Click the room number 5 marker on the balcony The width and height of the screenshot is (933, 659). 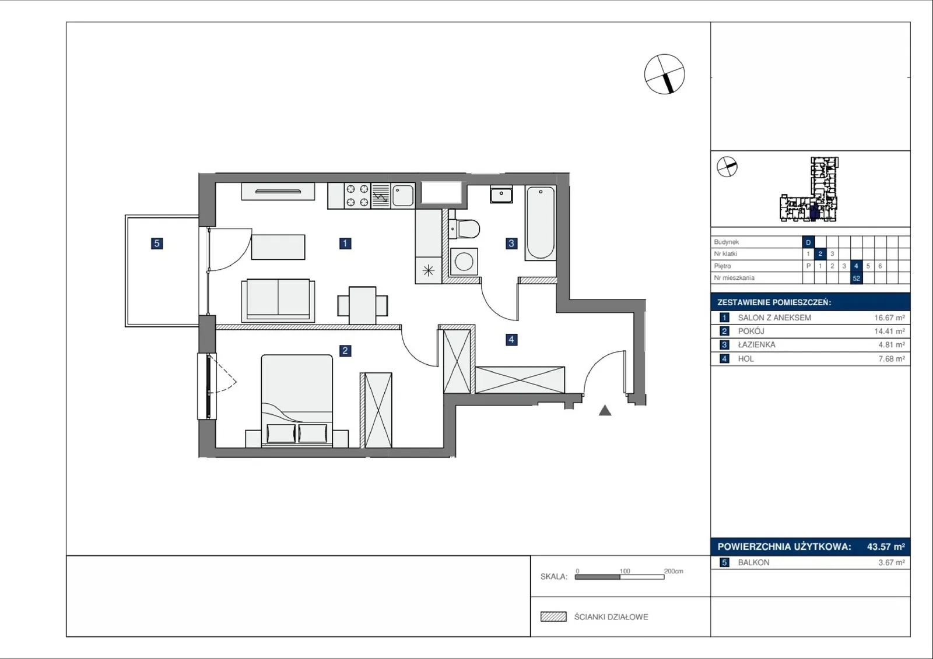tap(157, 243)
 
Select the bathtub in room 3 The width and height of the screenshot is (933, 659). tap(540, 223)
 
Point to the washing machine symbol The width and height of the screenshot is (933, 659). tap(464, 262)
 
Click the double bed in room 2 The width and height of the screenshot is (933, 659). tap(297, 401)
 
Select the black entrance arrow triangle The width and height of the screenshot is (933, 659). tap(605, 411)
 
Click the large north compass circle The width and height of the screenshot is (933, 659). tap(664, 74)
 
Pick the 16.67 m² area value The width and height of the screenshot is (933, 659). tap(889, 318)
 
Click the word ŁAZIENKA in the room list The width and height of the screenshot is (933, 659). tap(756, 345)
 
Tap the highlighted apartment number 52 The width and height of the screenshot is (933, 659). tap(856, 278)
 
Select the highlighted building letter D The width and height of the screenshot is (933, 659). tap(808, 242)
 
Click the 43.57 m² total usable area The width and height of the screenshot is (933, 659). tap(886, 547)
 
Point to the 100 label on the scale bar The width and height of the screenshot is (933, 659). tap(625, 571)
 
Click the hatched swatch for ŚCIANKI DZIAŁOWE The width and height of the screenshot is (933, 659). tap(553, 616)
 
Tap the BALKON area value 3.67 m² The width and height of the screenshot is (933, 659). tap(892, 562)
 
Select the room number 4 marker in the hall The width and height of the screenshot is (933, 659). tap(511, 339)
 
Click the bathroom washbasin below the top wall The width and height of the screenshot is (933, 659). tap(501, 194)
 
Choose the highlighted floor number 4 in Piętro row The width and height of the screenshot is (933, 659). tap(856, 266)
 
